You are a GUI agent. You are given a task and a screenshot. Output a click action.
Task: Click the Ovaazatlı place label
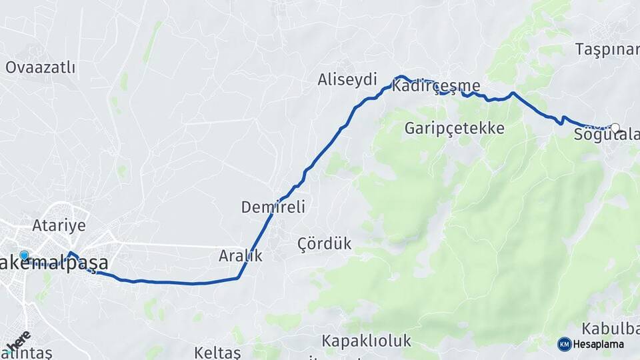(x=40, y=67)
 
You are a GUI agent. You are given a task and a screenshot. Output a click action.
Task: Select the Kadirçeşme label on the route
(x=437, y=86)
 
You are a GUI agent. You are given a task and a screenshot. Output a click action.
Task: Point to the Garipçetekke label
(x=454, y=128)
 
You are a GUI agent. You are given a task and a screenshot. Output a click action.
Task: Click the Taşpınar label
(x=607, y=49)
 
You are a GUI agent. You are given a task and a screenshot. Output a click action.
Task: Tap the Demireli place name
(x=273, y=207)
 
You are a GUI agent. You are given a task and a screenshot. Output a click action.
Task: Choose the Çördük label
(x=324, y=243)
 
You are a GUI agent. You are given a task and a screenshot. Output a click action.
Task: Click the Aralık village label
(x=241, y=255)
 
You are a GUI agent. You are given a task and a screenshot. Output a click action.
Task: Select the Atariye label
(x=59, y=225)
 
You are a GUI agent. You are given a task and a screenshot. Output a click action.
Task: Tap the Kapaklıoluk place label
(x=366, y=341)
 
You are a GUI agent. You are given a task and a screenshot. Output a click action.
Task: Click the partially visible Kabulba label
(x=610, y=329)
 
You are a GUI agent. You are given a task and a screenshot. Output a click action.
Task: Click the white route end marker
(x=615, y=128)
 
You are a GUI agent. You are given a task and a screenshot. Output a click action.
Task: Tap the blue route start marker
(x=25, y=255)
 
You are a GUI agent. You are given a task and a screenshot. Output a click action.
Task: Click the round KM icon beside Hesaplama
(x=565, y=344)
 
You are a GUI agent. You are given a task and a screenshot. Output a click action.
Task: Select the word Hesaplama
(x=599, y=345)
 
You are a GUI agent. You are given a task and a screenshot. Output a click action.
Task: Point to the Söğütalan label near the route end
(x=606, y=135)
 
